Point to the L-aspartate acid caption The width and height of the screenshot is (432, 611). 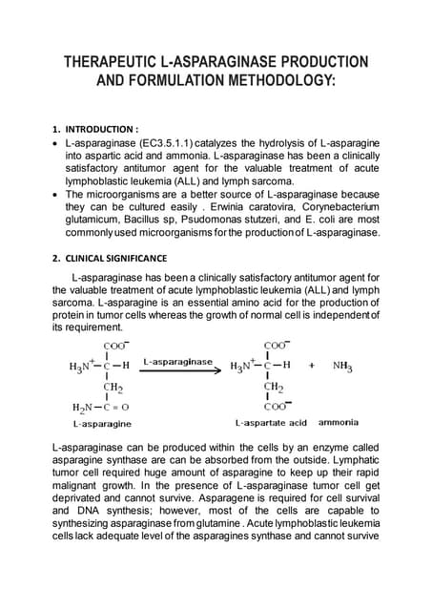pyautogui.click(x=271, y=422)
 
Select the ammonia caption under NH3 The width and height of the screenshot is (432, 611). pyautogui.click(x=339, y=422)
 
